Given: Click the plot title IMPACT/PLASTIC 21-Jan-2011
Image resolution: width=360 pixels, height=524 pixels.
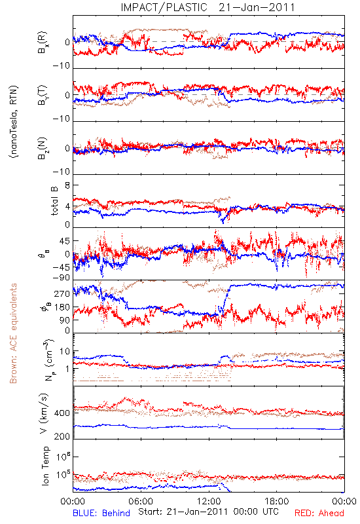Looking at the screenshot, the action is tap(207, 7).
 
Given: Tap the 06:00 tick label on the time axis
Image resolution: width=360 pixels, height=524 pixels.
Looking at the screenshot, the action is tap(141, 501).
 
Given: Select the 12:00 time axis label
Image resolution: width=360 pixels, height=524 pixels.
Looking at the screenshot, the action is tap(209, 501).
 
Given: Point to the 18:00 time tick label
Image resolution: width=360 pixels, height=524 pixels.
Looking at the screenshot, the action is tap(277, 501).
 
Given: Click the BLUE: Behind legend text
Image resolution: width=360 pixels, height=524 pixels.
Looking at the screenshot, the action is tap(101, 513).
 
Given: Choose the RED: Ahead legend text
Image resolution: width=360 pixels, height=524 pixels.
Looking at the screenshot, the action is tap(319, 513).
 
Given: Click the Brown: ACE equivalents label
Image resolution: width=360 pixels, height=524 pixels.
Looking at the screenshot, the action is tap(13, 333).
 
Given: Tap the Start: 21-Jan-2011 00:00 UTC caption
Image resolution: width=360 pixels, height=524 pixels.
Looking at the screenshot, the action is tap(208, 512).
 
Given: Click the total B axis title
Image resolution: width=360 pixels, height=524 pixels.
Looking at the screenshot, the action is tap(54, 201).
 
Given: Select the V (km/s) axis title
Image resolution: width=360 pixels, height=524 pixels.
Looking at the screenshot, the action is tap(44, 413).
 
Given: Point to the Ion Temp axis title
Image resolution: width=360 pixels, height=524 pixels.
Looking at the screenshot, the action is tap(45, 466).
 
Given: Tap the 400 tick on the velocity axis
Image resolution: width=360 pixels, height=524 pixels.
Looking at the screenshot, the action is tap(62, 413).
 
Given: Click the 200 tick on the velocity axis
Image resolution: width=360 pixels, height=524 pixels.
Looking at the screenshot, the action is tap(62, 436).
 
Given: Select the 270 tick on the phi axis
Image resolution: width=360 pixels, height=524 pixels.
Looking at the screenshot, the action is tap(62, 293).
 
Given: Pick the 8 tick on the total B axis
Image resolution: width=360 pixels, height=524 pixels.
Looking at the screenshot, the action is tap(67, 185).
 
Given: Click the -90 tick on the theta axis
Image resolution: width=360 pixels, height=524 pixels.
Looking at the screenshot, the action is tap(61, 278).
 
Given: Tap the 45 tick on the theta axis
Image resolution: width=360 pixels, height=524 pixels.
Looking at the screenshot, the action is tap(65, 240).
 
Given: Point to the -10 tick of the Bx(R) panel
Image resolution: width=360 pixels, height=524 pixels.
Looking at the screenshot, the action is tap(61, 66).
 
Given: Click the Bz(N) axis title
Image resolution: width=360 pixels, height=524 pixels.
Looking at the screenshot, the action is tap(43, 148).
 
